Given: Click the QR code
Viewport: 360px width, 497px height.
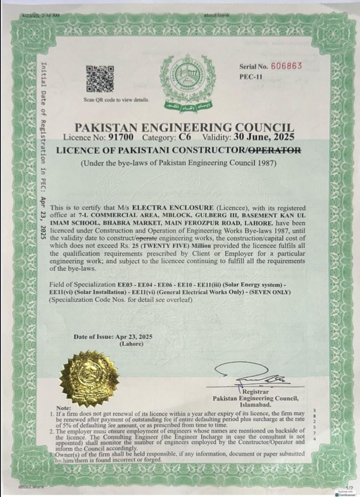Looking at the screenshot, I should [x=100, y=79].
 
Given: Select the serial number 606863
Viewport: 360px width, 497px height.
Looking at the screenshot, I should [x=287, y=66].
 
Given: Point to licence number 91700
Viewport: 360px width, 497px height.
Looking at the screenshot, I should [x=121, y=138].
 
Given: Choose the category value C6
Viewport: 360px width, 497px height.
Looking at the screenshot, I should [x=185, y=138].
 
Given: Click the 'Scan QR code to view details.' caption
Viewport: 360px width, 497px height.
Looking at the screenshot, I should [x=117, y=100].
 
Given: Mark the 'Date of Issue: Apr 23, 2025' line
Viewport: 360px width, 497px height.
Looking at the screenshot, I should [x=113, y=337].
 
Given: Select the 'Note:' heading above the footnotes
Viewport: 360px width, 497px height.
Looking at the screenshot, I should [x=64, y=408].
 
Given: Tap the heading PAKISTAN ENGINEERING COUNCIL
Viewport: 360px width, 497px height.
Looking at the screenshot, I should [x=184, y=127].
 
